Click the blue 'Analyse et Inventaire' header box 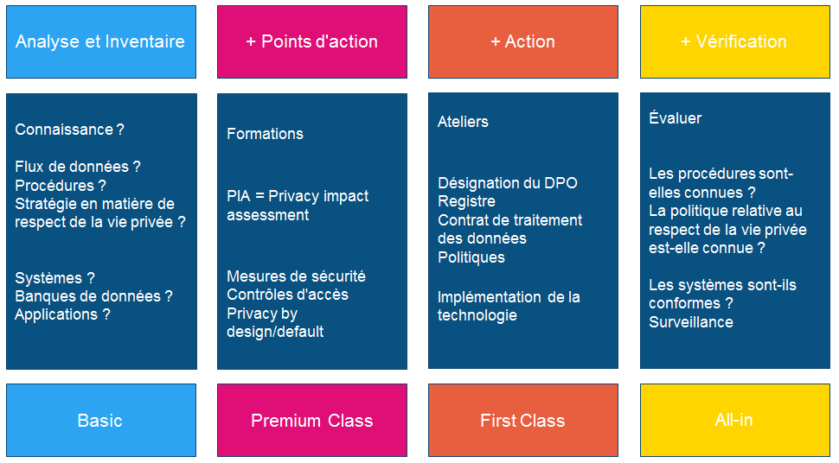pos(101,41)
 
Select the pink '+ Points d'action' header pos(312,41)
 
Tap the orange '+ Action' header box pos(522,41)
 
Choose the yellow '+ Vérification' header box pos(734,41)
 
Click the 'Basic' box pos(101,420)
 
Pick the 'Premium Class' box pos(312,420)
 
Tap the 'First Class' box pos(522,420)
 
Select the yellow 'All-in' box pos(734,420)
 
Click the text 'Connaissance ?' pos(69,130)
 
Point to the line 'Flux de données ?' pos(78,167)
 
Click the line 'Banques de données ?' pos(93,296)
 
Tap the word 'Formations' pos(265,134)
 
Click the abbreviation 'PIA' pos(239,196)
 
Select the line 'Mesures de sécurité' pos(296,276)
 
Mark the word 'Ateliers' pos(463,122)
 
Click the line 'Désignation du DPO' pos(507,183)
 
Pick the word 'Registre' pos(466,201)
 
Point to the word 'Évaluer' pos(675,117)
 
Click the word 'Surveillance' pos(691,322)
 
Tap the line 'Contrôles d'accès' pos(287,295)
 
